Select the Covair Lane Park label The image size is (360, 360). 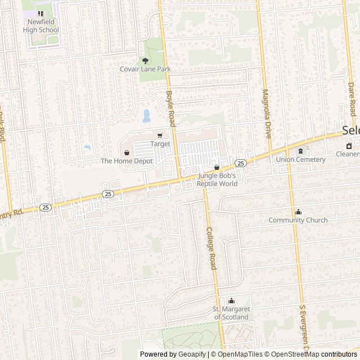point(145,69)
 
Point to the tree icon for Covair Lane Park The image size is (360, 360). point(145,60)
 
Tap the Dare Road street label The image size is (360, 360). point(352,96)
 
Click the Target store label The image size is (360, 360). point(160,144)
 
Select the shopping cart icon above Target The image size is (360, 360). point(160,136)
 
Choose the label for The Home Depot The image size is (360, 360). point(127,161)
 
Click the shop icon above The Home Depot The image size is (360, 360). point(127,152)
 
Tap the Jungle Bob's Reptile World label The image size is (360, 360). point(217,179)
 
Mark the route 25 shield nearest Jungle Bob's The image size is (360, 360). point(241,163)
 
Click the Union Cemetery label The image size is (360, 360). point(300,159)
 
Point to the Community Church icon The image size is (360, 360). point(298,211)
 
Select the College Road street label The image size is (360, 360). point(211,248)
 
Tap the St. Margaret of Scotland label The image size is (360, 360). point(231,313)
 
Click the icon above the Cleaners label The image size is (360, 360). point(349,146)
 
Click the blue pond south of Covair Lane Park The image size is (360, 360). point(147,116)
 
